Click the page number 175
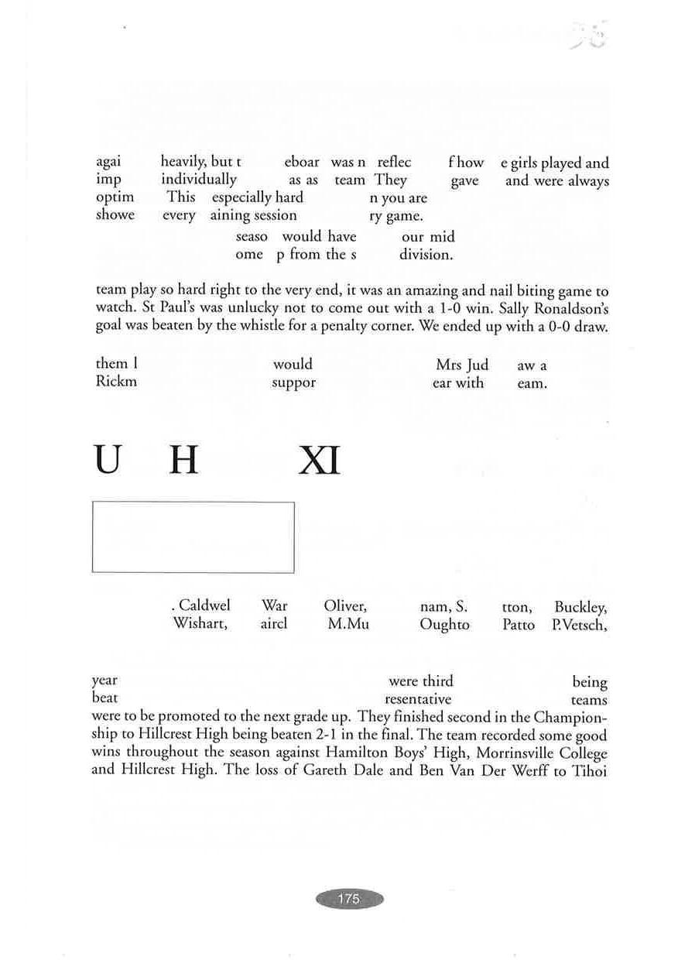[349, 899]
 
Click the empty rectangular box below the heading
[193, 537]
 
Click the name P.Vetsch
[579, 625]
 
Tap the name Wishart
[200, 624]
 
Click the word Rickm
[116, 382]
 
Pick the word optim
[115, 197]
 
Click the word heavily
[183, 162]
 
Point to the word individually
[199, 180]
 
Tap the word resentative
[418, 699]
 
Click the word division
[426, 255]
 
